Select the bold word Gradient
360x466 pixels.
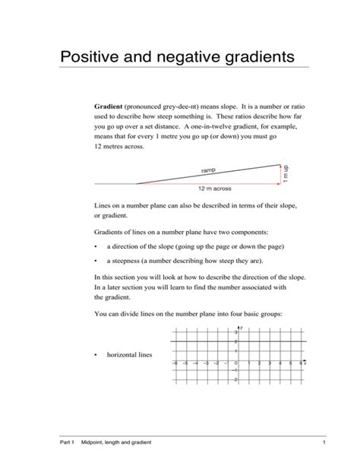coord(111,109)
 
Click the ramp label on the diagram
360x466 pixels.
coord(208,170)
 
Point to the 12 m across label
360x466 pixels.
coord(214,188)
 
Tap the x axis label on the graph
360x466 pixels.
coord(304,364)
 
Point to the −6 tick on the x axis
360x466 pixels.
coord(175,364)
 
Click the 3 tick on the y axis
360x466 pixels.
coord(235,333)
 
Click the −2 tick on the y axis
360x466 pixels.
coord(235,379)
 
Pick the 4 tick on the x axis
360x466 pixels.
coord(280,364)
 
